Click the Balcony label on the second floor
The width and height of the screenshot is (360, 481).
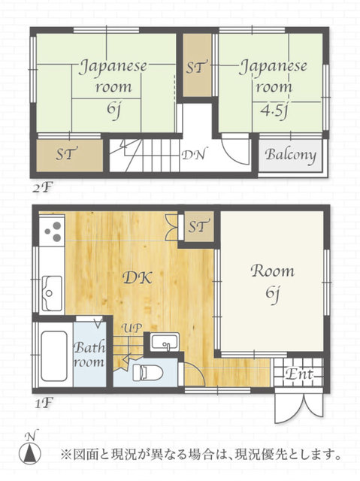tap(290, 154)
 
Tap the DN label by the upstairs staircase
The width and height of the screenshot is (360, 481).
tap(193, 155)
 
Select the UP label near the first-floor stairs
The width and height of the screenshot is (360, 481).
tap(132, 328)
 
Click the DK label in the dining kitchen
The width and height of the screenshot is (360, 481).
tap(137, 278)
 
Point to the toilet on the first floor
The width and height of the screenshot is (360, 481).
tap(147, 373)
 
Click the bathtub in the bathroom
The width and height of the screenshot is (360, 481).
tap(54, 355)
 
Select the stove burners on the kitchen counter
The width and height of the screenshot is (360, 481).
tap(53, 231)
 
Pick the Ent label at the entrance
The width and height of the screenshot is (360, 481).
tap(298, 374)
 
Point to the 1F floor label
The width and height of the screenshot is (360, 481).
tap(44, 403)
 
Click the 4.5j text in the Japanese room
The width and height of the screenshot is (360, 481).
tap(274, 111)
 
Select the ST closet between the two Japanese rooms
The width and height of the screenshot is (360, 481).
tap(197, 65)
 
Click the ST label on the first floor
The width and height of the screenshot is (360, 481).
tap(199, 226)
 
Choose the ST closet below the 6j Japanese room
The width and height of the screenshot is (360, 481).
tap(70, 156)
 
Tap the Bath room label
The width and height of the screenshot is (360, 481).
tap(89, 355)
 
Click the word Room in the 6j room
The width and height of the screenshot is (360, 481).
tap(272, 271)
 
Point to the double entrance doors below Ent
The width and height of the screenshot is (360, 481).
tap(299, 406)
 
